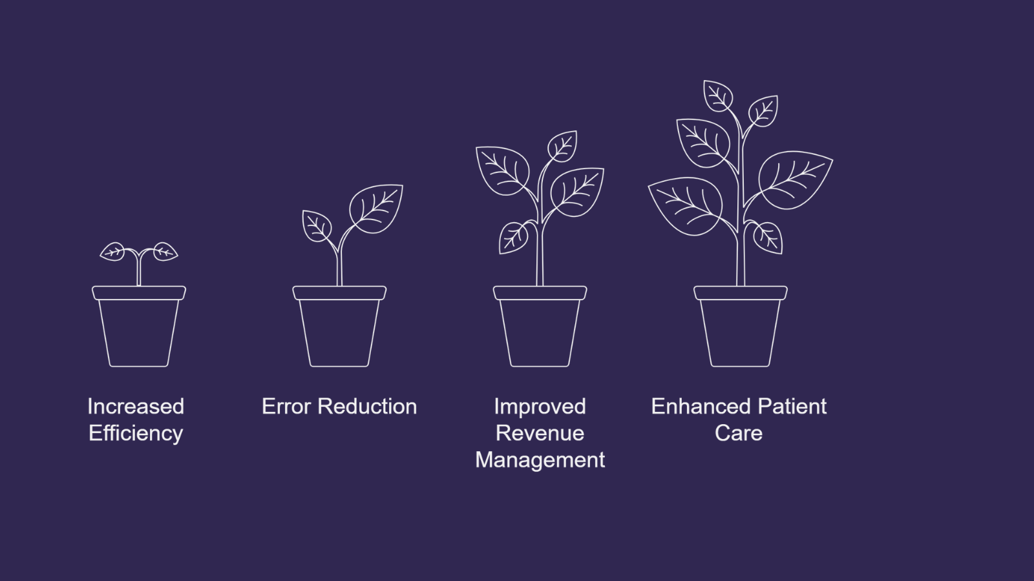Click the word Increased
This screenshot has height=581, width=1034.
(136, 407)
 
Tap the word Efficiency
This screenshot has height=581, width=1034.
(136, 433)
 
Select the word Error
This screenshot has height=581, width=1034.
(287, 407)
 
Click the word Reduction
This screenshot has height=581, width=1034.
(368, 407)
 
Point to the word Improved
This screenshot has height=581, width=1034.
(540, 407)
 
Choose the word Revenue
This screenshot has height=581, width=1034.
(540, 433)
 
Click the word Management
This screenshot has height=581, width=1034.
(540, 460)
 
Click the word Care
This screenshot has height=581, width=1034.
(739, 433)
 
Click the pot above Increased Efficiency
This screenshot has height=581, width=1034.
(139, 329)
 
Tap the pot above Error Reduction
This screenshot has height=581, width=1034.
(339, 329)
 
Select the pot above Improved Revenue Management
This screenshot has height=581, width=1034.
(540, 329)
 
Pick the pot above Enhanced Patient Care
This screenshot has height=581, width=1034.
(741, 329)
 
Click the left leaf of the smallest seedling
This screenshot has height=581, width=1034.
(113, 251)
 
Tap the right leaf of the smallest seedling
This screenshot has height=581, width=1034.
(165, 251)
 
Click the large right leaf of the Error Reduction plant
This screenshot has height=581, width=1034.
(376, 208)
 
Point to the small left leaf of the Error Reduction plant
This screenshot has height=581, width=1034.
(317, 226)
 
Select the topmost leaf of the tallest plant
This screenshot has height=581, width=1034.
(717, 96)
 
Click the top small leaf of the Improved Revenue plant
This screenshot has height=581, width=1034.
(562, 147)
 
